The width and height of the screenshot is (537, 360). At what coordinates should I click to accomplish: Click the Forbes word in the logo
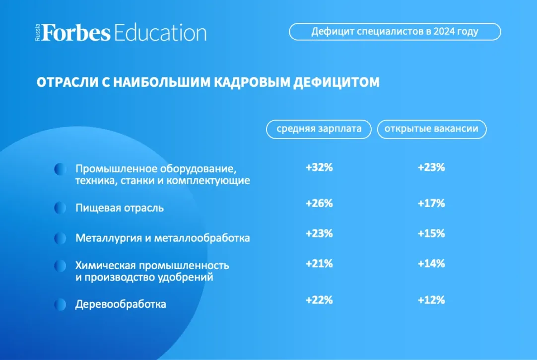[76, 33]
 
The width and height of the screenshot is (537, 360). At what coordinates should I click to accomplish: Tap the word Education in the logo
[160, 33]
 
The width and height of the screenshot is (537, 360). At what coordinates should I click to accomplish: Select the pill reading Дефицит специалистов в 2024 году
[395, 31]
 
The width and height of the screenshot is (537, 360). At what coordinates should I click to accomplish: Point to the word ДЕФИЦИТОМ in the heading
[336, 82]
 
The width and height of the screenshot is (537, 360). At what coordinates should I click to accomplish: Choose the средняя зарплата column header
[319, 129]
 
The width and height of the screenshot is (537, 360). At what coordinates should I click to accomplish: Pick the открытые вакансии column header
[431, 129]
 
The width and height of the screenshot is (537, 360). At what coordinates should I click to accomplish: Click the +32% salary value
[319, 167]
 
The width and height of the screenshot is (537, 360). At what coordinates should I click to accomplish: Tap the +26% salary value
[319, 203]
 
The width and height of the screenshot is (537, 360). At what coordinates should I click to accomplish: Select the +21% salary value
[319, 263]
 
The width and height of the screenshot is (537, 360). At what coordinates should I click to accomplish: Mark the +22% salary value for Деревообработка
[319, 300]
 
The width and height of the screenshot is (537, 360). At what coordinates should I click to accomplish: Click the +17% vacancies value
[431, 203]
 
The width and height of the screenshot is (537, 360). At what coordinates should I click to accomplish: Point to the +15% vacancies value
[431, 233]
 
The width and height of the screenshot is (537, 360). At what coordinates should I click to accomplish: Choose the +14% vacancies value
[431, 263]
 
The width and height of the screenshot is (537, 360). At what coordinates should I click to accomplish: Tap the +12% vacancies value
[431, 300]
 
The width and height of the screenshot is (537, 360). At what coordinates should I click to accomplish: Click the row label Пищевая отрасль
[120, 208]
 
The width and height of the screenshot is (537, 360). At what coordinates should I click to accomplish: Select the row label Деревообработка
[121, 304]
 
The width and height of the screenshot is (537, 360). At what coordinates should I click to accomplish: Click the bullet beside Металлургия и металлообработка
[60, 238]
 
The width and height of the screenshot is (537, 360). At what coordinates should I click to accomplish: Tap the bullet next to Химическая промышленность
[60, 266]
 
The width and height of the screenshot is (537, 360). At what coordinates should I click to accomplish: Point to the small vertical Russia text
[37, 33]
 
